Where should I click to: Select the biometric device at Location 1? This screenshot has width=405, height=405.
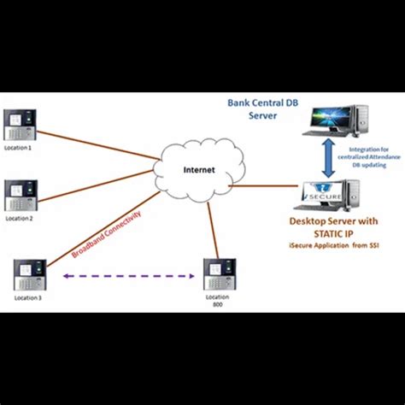tap(21, 126)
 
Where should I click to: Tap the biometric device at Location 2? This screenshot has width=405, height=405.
tap(21, 196)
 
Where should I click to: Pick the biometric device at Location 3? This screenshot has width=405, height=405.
tap(31, 275)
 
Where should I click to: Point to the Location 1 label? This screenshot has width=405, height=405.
tap(19, 147)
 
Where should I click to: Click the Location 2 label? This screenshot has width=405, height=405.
tap(19, 218)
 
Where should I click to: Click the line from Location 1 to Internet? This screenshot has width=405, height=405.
tap(94, 138)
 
